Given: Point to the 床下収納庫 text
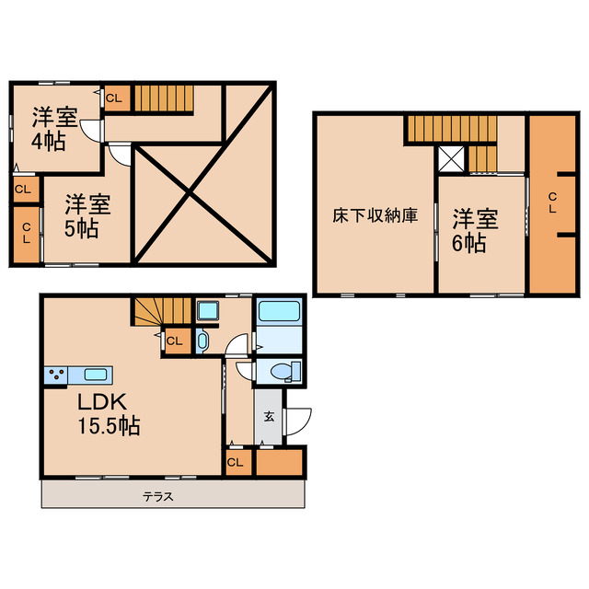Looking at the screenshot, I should pos(375,216).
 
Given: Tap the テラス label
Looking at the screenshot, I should pos(158,496).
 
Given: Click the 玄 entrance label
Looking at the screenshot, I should pos(270,416).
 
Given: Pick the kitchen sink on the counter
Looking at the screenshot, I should pos(96,375).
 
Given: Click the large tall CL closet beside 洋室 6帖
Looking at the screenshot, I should pos(550,203).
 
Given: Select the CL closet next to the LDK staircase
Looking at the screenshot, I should pos(175,341).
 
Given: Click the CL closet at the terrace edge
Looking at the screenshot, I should pos(236,462).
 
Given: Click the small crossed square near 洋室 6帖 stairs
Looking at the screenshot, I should pos(452,160).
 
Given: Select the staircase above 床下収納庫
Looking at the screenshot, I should pos(452,129).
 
